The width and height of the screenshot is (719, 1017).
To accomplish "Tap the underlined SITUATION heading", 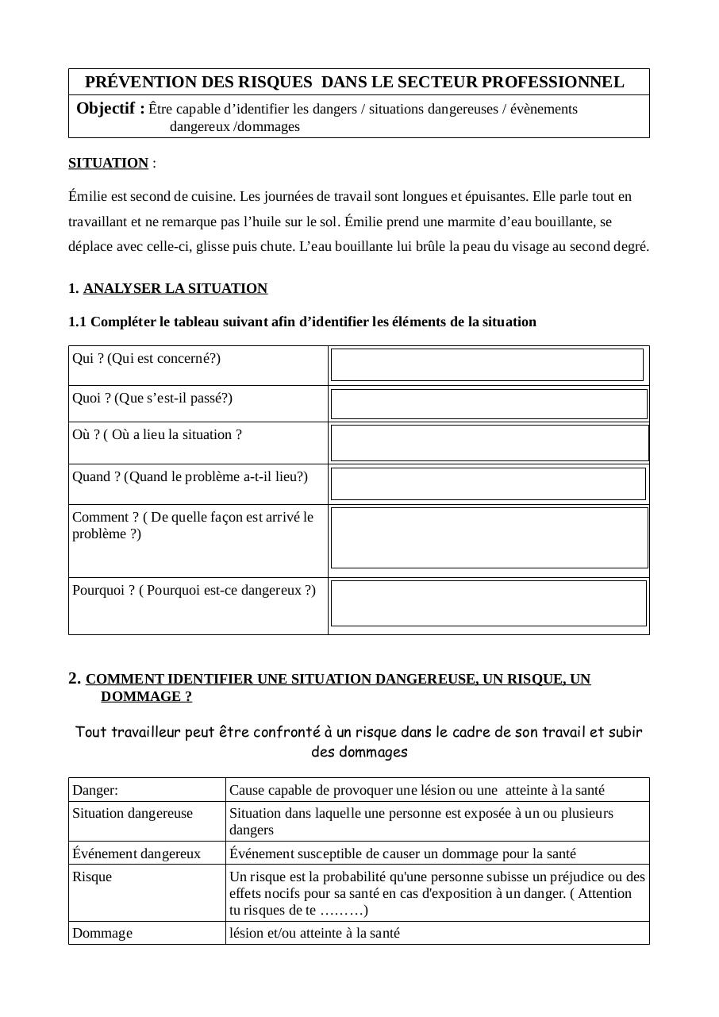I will point(108,163).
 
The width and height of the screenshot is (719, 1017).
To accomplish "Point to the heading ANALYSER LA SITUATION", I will point(175,288).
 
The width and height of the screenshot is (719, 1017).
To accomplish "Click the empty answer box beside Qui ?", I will point(486,364).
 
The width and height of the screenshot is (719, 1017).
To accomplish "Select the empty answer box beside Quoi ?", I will point(489,404).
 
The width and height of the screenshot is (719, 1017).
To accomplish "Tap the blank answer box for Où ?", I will point(489,443).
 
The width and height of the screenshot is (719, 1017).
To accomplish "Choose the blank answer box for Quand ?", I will point(488,483).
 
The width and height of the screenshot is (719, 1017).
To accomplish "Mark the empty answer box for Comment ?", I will point(489,537).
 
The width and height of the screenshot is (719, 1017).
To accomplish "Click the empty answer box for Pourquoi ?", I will point(488,603).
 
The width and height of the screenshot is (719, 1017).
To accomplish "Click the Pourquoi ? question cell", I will point(194,591).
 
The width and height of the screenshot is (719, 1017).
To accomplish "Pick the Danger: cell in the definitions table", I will point(95,790).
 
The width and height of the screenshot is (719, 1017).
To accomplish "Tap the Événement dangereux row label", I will point(136,853).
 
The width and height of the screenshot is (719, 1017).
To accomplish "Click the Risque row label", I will point(92,876).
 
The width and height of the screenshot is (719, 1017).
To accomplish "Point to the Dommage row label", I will point(102,933).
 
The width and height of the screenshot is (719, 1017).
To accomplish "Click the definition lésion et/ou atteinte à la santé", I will point(314,933).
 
